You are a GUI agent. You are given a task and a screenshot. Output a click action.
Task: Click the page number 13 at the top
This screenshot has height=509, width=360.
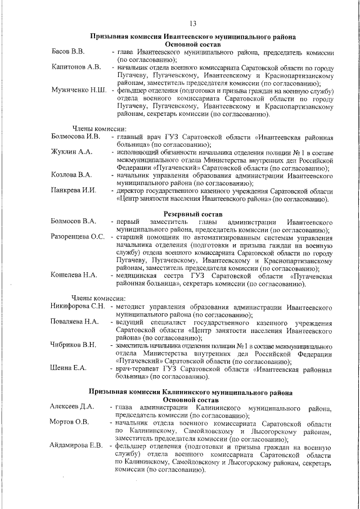(192, 23)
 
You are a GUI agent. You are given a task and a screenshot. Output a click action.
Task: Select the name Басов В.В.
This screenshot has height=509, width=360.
(68, 52)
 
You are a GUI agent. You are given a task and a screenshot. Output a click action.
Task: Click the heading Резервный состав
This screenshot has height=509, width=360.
(193, 214)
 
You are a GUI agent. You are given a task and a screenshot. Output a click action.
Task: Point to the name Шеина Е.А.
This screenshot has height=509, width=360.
(68, 368)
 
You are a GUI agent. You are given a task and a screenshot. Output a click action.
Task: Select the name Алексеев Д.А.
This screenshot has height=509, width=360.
(71, 407)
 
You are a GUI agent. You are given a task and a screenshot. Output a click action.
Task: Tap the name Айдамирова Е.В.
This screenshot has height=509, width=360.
(76, 445)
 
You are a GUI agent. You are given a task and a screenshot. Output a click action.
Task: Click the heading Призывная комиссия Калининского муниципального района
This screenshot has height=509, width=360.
(193, 390)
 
